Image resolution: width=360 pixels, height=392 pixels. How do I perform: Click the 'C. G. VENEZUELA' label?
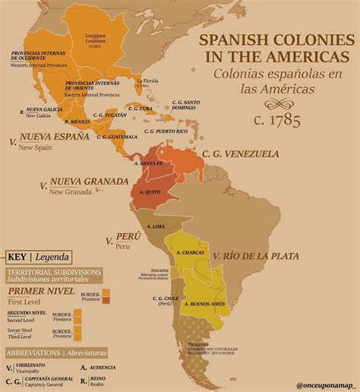[241, 153]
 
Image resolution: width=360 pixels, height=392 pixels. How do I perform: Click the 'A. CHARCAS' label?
[188, 252]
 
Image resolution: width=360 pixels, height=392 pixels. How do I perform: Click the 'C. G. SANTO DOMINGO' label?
[186, 105]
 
